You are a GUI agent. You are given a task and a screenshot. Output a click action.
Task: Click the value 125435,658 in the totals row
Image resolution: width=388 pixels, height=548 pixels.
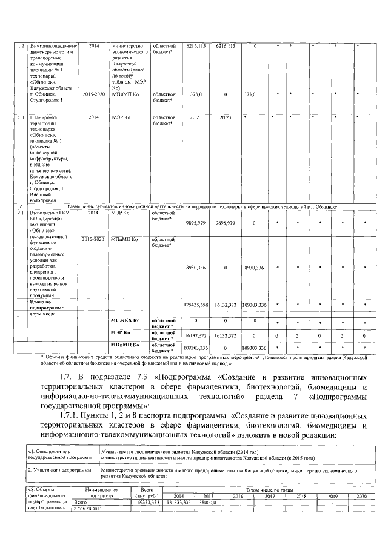195,304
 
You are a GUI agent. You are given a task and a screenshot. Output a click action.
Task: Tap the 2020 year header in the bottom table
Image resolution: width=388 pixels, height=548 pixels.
361,496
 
